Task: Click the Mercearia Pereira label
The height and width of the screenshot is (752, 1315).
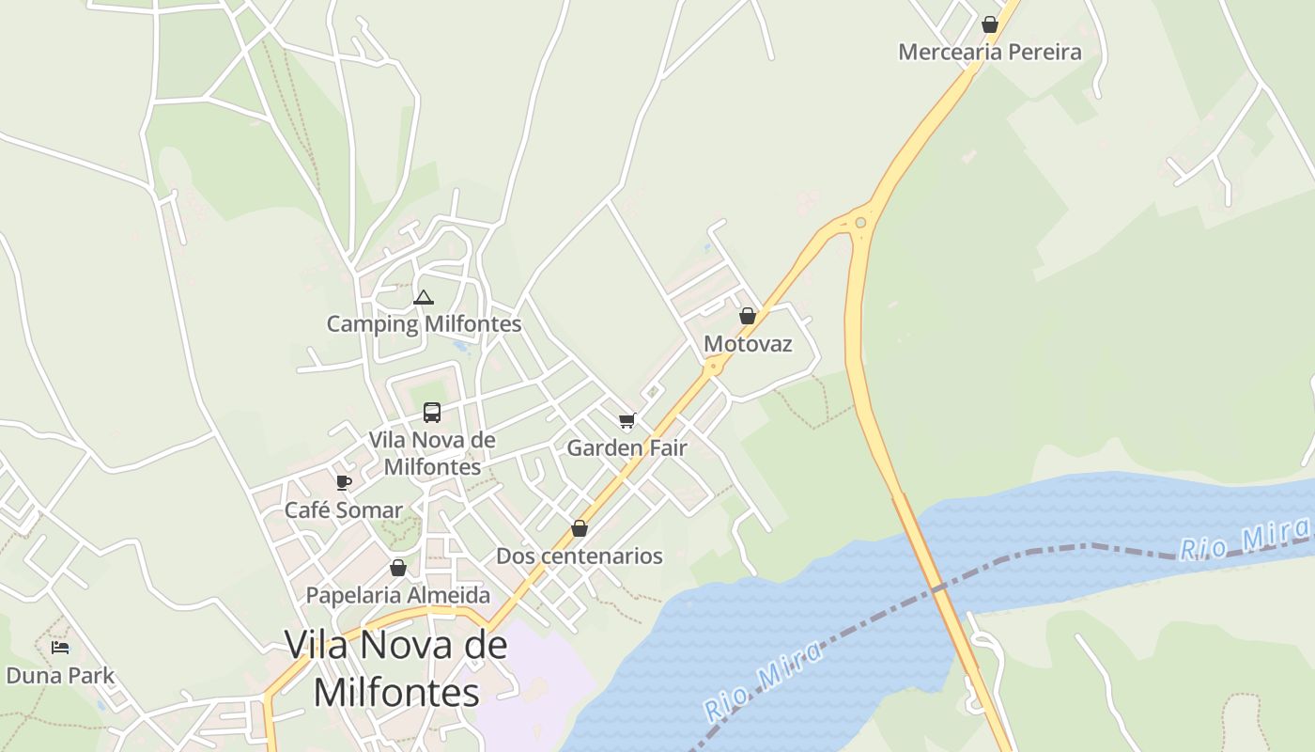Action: click(x=989, y=52)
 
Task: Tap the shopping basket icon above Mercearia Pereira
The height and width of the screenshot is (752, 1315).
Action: click(x=989, y=24)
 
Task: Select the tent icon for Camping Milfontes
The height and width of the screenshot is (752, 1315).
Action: click(x=424, y=298)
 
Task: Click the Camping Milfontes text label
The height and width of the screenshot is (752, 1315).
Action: click(x=424, y=324)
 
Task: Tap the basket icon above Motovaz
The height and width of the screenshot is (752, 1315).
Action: click(x=747, y=316)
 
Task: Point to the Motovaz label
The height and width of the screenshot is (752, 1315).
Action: click(x=748, y=344)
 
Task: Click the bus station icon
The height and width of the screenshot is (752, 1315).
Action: click(x=432, y=412)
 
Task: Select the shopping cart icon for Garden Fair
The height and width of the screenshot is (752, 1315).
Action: click(x=627, y=420)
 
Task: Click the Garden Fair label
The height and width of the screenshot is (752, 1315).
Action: click(x=627, y=448)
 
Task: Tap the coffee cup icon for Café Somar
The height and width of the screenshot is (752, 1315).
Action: click(x=344, y=482)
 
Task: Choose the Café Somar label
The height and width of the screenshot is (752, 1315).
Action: click(x=344, y=510)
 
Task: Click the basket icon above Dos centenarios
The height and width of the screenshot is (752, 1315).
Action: click(x=580, y=528)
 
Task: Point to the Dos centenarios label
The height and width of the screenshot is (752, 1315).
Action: click(x=580, y=556)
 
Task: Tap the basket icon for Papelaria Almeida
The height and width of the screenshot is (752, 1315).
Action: click(x=398, y=568)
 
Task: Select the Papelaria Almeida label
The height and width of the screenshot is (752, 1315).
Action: click(x=398, y=595)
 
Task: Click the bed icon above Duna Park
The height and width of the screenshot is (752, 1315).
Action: click(x=60, y=648)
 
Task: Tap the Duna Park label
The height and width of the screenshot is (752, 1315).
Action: click(x=60, y=675)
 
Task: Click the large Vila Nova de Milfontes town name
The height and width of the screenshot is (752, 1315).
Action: click(x=395, y=668)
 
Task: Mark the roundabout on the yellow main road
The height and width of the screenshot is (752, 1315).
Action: click(x=860, y=223)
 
